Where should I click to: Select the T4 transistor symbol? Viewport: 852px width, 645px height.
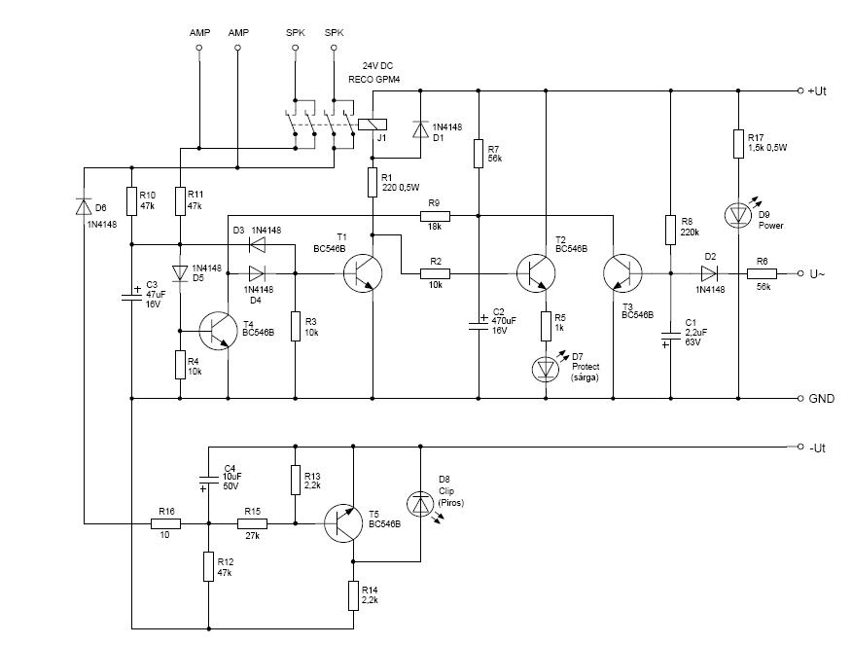click(220, 331)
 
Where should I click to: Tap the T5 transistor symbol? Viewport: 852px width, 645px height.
click(345, 526)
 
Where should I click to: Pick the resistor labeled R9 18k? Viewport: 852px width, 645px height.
click(434, 214)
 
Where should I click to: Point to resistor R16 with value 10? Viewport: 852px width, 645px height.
click(164, 523)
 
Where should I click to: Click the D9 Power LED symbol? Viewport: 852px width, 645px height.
click(738, 213)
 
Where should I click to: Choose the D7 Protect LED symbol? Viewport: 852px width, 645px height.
click(546, 368)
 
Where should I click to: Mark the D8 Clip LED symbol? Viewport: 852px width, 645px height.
click(420, 503)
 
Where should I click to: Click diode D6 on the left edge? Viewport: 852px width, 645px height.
click(84, 206)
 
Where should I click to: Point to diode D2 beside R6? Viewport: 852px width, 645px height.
click(709, 273)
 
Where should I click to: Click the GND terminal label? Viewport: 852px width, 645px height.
click(822, 399)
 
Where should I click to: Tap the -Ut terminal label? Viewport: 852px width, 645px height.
click(817, 448)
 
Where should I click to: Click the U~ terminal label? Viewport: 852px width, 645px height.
click(817, 274)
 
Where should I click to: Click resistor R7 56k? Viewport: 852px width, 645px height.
click(478, 153)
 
